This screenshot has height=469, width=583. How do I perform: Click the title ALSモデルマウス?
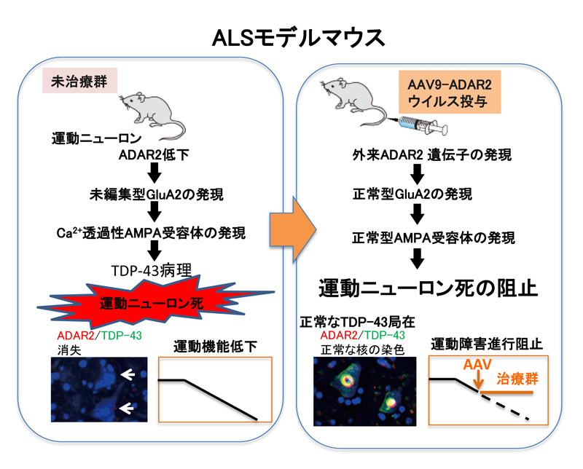pos(298,38)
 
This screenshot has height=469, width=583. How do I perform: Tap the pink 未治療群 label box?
pos(79,80)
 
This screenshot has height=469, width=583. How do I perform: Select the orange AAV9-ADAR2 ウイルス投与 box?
pos(450,92)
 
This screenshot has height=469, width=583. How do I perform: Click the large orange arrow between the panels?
pos(293,229)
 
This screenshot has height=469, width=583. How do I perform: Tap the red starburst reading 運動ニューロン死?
pos(155,301)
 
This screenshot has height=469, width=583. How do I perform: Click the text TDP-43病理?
pos(152,270)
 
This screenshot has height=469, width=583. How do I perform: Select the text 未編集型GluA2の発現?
pos(157,194)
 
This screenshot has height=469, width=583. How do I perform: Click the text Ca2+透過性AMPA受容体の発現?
pos(151,233)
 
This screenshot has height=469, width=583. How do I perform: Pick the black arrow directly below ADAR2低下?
pos(154,173)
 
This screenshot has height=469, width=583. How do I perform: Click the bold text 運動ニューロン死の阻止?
pos(429,288)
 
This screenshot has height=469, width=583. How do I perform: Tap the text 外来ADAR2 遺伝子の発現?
pos(432,154)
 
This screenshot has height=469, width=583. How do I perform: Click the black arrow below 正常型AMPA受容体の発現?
pos(417,259)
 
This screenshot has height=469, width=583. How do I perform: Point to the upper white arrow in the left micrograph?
pos(128,375)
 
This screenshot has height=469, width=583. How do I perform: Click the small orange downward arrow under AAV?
pos(479,380)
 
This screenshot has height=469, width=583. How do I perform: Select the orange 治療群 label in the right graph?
pos(517,379)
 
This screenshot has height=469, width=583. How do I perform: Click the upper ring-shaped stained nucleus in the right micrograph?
pos(348,380)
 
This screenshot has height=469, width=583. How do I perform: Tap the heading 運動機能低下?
pos(215,347)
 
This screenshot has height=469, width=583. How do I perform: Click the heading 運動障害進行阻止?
pos(487,344)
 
